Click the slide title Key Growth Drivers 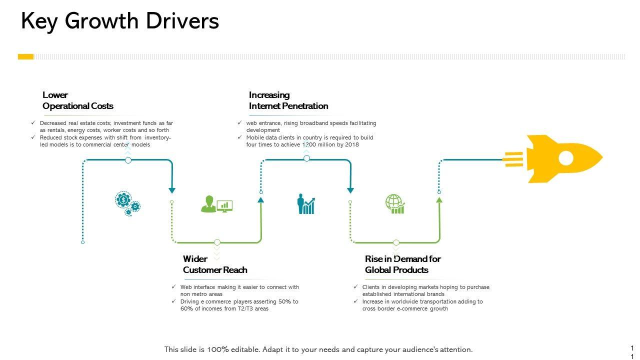[120, 21]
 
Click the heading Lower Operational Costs [77, 100]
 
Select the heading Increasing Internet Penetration [288, 100]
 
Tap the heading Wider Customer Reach [214, 264]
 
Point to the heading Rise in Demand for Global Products [402, 264]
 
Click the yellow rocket [560, 158]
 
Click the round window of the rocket [565, 158]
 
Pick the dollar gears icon [127, 203]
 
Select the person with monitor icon [216, 204]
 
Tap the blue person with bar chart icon [306, 204]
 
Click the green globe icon [394, 204]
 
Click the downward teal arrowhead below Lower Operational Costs [172, 190]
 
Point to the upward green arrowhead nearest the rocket [439, 199]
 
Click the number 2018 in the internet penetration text [352, 144]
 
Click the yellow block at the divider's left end [25, 56]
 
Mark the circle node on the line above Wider [217, 242]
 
